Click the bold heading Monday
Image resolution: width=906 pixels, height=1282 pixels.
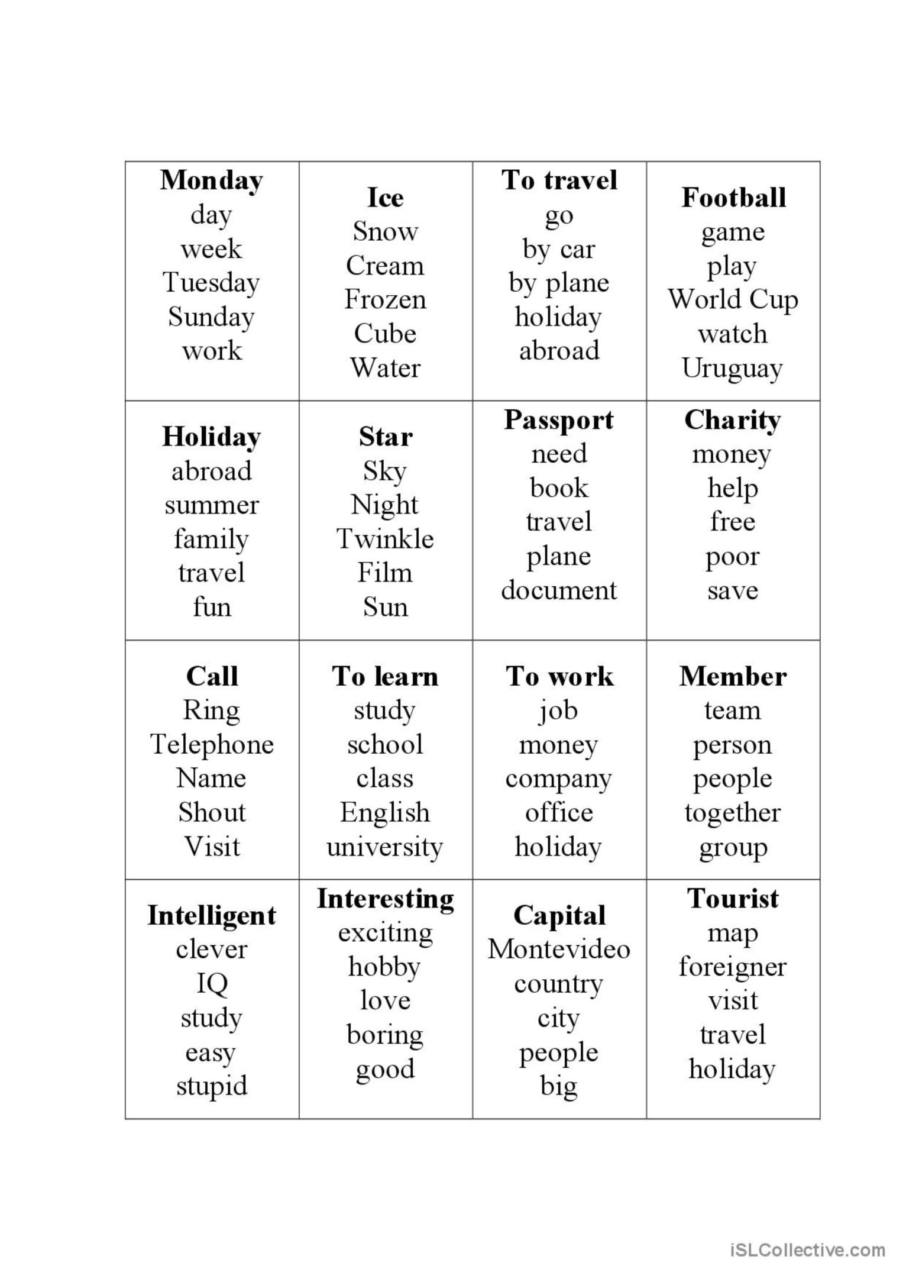coord(211,180)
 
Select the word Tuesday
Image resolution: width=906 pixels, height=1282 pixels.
coord(211,283)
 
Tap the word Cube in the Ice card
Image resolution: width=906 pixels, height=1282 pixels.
coord(385,334)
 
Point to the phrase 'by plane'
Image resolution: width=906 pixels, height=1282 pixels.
coord(559,283)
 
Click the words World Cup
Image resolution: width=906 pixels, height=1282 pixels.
coord(733,299)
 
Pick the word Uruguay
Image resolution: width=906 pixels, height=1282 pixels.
coord(732,368)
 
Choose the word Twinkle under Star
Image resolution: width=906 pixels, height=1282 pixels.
coord(385,539)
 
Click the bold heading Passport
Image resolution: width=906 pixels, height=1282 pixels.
coord(559,420)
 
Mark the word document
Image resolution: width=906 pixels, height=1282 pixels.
coord(559,590)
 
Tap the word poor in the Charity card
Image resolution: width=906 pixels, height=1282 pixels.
coord(732,556)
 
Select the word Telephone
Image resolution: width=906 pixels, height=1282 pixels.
coord(212,744)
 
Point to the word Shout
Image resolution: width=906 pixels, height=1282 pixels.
coord(212,812)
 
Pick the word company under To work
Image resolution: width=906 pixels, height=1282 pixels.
coord(558,779)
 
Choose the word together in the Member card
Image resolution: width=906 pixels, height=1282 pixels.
coord(733,813)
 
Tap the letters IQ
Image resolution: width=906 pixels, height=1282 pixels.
coord(212,983)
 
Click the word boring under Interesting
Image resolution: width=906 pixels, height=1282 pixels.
coord(385,1035)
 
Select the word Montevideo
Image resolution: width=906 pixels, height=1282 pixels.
coord(559,950)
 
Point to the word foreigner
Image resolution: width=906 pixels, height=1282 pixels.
coord(732,967)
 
